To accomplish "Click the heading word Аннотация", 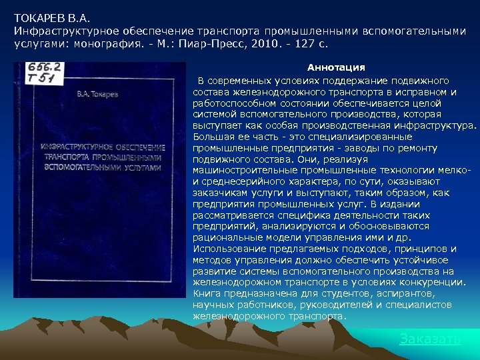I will [335, 68].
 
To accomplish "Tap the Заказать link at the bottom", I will [429, 339].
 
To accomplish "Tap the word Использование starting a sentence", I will [223, 249].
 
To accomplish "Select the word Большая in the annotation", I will [211, 136].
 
